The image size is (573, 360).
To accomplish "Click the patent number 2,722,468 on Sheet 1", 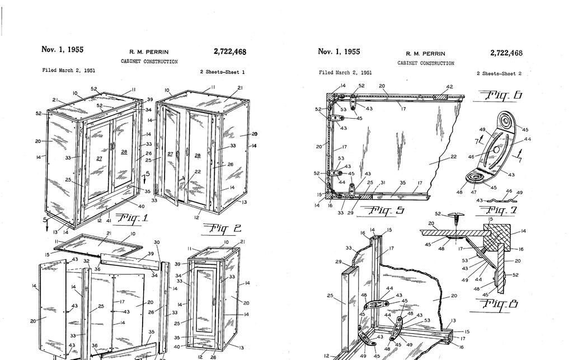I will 229,52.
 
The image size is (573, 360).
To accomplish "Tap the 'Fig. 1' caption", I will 131,218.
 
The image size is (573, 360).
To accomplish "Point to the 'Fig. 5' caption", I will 384,211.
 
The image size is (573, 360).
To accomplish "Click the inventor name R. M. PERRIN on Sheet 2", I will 425,54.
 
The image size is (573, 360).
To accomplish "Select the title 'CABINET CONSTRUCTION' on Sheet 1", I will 149,62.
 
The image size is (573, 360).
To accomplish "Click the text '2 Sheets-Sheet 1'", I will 222,72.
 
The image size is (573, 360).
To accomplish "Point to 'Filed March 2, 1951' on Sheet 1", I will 65,71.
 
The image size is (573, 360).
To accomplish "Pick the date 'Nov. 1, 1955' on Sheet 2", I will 339,52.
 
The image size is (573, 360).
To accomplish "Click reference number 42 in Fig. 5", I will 449,87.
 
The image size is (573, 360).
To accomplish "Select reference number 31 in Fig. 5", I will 383,183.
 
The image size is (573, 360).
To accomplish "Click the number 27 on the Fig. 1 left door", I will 99,158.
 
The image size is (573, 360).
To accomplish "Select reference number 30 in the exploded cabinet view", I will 157,242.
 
